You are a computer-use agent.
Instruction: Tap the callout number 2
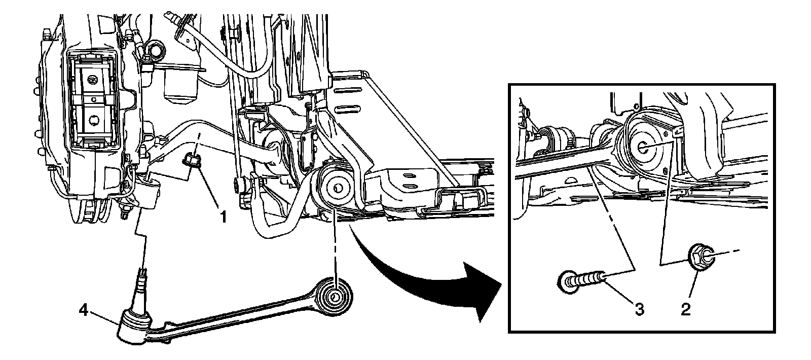(x=686, y=309)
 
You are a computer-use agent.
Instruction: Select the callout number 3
(x=640, y=309)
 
